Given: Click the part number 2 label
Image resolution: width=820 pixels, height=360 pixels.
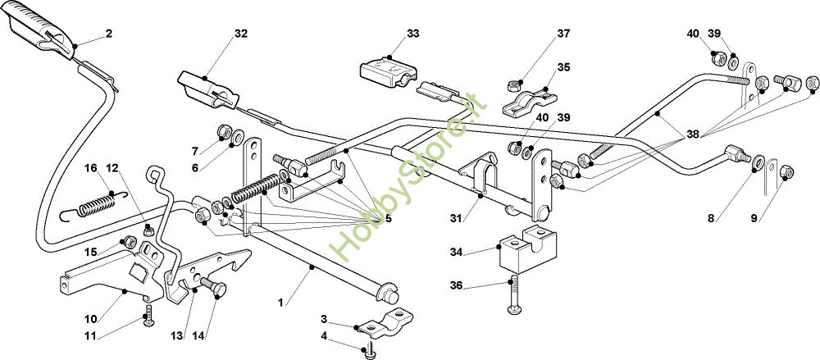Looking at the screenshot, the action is coord(109,34).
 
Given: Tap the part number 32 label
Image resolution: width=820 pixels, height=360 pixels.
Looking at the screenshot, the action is coord(240,34).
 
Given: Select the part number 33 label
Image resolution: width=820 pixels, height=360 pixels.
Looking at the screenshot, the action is coord(413,34).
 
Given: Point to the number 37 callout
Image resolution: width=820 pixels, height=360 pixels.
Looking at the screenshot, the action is coord(563,34).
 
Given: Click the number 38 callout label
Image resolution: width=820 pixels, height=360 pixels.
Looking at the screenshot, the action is coord(693,134).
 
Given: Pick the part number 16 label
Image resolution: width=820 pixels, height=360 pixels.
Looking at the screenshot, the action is coord(91,168).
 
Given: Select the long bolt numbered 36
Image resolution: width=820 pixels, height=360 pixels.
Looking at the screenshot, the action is coord(513,295).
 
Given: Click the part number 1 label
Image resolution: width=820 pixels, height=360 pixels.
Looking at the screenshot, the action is coord(280,302).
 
